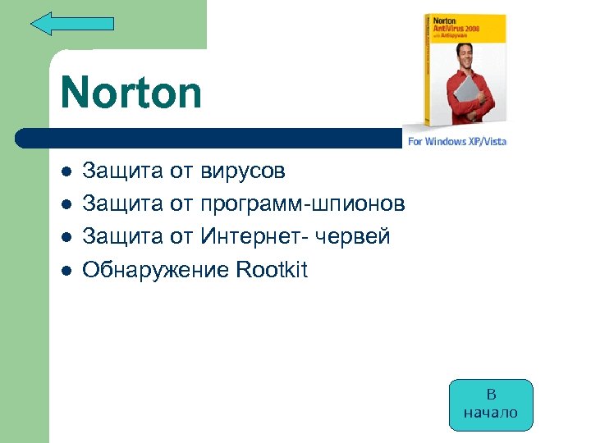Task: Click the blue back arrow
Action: click(71, 23)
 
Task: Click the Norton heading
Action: click(131, 92)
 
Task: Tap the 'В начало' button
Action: click(491, 404)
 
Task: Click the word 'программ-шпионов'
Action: click(303, 204)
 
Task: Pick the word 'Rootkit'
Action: click(271, 270)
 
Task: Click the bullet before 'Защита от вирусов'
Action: click(66, 172)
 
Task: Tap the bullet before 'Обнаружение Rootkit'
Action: click(66, 271)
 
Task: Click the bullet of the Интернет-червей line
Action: click(66, 238)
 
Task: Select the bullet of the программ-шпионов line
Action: click(66, 205)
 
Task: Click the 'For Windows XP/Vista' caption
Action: click(457, 141)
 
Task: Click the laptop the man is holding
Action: click(472, 103)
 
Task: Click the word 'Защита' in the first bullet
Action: click(122, 171)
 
